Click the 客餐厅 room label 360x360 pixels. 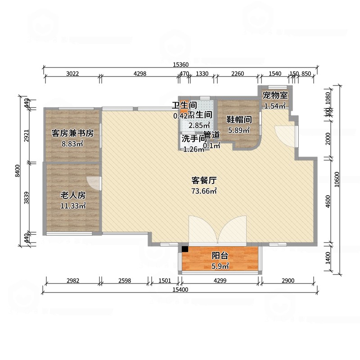click(x=205, y=181)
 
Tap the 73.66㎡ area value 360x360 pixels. click(x=205, y=191)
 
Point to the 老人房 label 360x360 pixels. click(x=73, y=196)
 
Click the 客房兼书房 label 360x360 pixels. click(x=72, y=133)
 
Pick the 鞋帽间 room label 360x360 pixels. click(x=238, y=120)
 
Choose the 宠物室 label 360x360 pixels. click(x=275, y=95)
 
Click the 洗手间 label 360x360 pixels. click(x=194, y=139)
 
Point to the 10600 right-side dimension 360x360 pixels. click(x=337, y=180)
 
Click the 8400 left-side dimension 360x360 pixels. click(x=18, y=171)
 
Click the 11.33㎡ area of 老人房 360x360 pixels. click(x=73, y=206)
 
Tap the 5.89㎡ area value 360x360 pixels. click(x=238, y=130)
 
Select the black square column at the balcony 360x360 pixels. click(x=185, y=248)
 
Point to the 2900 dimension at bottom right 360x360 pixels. click(x=288, y=281)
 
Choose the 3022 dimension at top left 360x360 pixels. click(x=72, y=74)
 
